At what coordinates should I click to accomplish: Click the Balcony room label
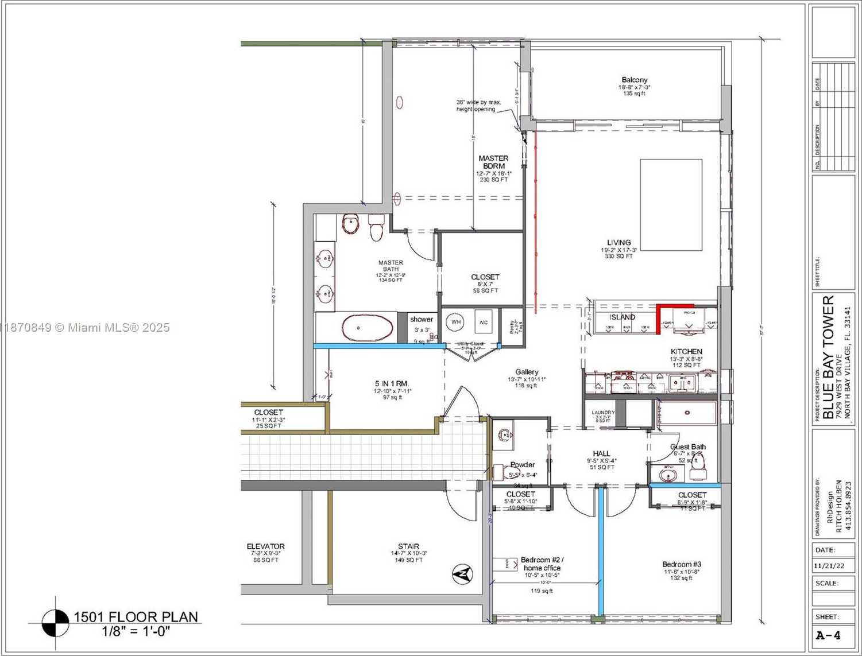(634, 80)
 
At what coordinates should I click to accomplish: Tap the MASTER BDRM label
(493, 162)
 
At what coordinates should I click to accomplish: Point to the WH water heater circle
(456, 322)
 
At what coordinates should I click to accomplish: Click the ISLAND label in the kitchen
(622, 317)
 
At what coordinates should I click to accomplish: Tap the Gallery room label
(527, 372)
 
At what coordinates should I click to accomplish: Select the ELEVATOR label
(265, 546)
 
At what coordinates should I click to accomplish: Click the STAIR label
(408, 546)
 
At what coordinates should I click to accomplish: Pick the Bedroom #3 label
(681, 564)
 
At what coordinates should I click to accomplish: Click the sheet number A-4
(828, 635)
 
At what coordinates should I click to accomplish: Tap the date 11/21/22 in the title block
(828, 565)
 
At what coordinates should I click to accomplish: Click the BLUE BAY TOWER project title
(828, 357)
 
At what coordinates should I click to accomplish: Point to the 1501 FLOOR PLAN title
(136, 617)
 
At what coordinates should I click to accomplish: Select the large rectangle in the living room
(671, 205)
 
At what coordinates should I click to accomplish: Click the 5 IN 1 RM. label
(392, 383)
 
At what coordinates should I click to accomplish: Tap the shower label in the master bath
(421, 320)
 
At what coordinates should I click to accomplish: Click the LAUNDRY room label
(603, 413)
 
